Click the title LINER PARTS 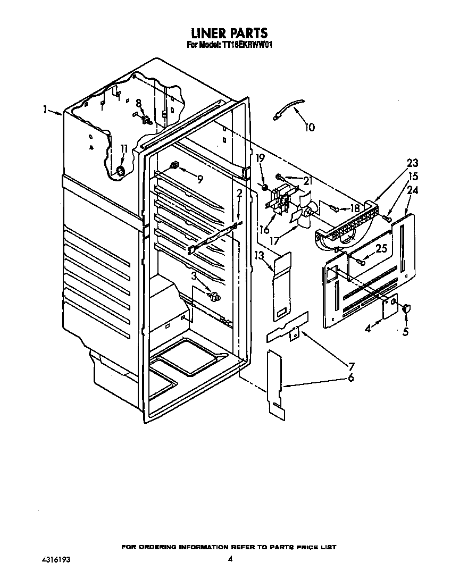(x=225, y=35)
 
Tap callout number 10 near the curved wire (x=310, y=127)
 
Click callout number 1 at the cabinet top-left (x=46, y=110)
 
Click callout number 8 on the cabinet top (x=138, y=103)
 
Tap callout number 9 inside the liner (x=199, y=179)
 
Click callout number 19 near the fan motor (x=260, y=158)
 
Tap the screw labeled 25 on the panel (x=362, y=261)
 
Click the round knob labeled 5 (x=407, y=307)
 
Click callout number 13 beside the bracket (x=259, y=256)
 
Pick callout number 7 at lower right (x=351, y=366)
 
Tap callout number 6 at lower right (x=350, y=378)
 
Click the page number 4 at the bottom (x=230, y=559)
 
